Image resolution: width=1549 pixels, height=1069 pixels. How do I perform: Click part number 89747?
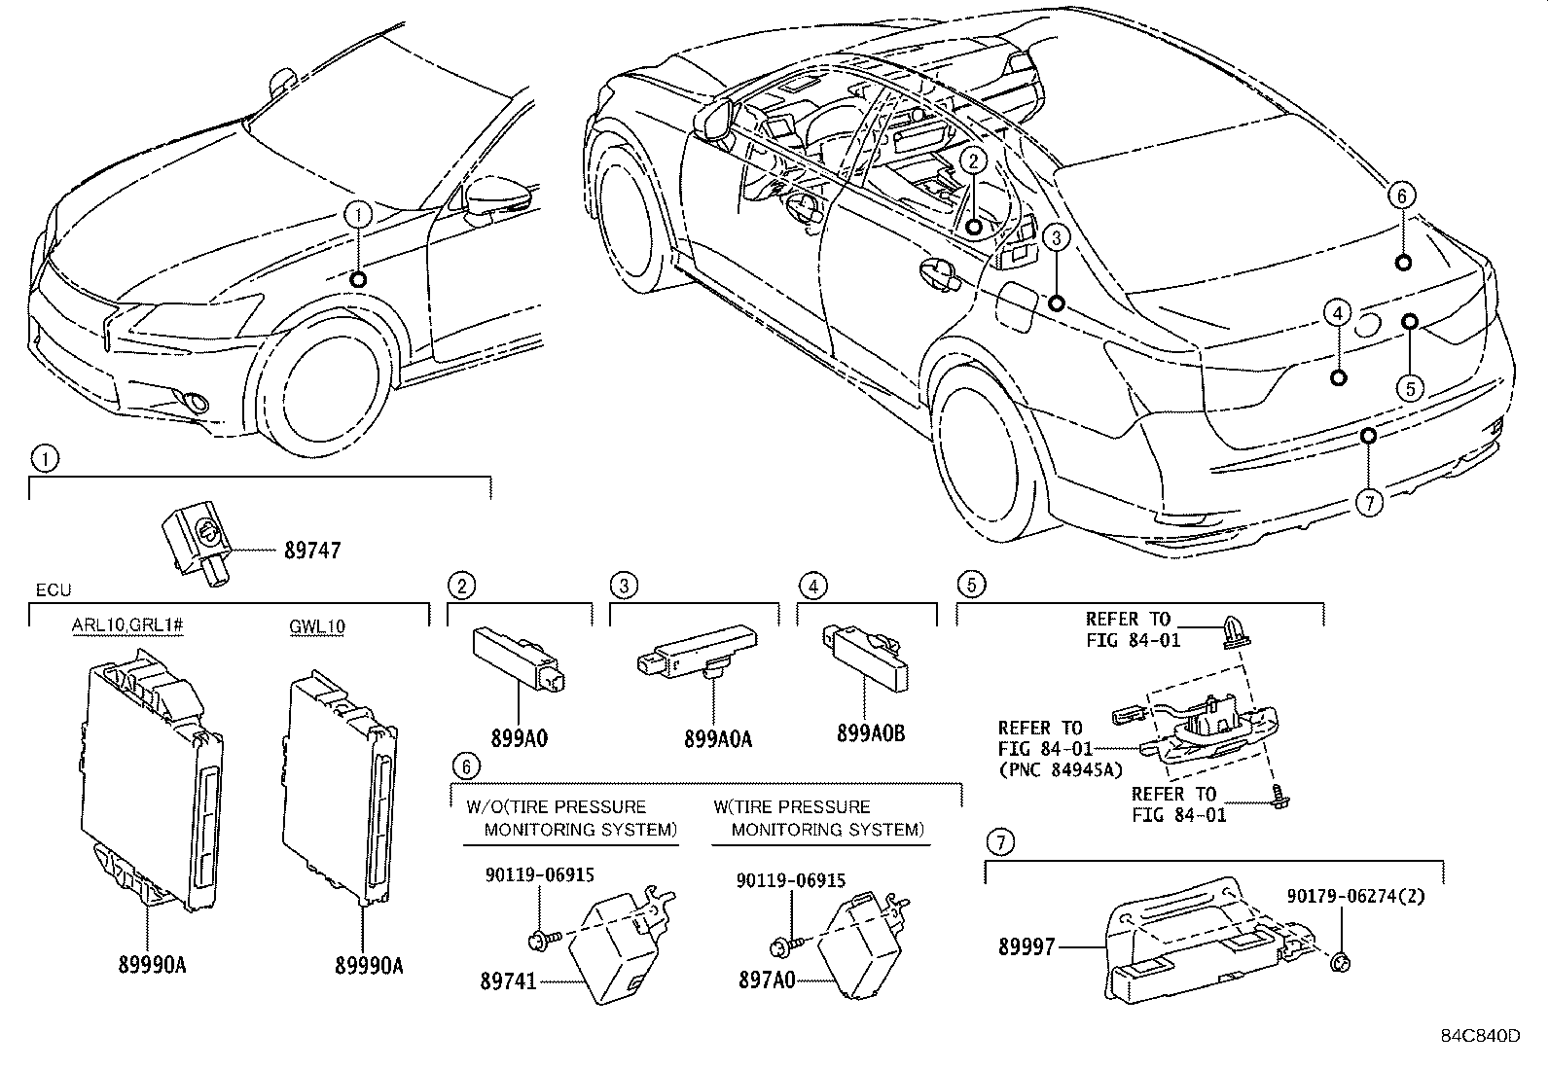312,551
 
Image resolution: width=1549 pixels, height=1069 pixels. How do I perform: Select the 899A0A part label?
718,738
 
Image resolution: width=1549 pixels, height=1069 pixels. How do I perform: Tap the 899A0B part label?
871,733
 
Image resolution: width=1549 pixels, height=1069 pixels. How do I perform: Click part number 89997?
1026,945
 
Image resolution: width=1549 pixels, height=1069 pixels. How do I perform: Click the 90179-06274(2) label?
1354,897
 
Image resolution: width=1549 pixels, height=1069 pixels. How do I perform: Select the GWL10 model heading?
317,626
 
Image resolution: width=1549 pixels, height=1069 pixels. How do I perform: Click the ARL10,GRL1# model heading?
127,625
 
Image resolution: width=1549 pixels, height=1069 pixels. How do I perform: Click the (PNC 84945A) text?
1061,770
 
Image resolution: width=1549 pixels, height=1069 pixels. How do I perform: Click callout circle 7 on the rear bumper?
1368,502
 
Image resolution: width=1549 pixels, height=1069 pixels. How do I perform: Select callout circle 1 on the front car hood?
357,213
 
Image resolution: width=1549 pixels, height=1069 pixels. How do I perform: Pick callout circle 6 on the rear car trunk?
1401,196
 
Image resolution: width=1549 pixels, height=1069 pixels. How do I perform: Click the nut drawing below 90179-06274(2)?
1340,961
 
